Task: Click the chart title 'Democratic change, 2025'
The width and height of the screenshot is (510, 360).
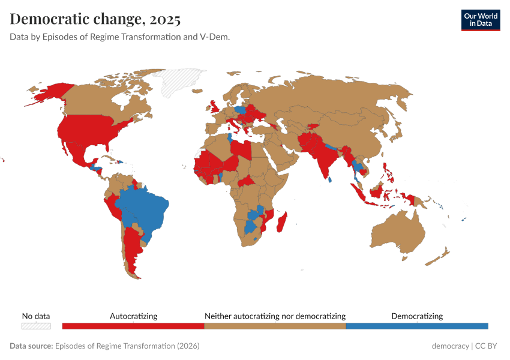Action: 95,19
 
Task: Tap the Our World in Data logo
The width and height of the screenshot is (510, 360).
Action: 480,20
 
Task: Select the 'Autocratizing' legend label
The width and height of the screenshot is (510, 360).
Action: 133,316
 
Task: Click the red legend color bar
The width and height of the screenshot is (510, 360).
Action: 133,326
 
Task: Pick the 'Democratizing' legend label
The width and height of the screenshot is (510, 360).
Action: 417,316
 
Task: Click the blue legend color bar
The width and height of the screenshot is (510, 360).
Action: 417,326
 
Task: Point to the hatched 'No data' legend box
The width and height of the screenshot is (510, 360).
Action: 36,326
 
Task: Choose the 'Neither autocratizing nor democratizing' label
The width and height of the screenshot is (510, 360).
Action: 275,316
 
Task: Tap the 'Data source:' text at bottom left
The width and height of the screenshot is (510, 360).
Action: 31,346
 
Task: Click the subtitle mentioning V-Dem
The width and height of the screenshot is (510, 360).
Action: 120,37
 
